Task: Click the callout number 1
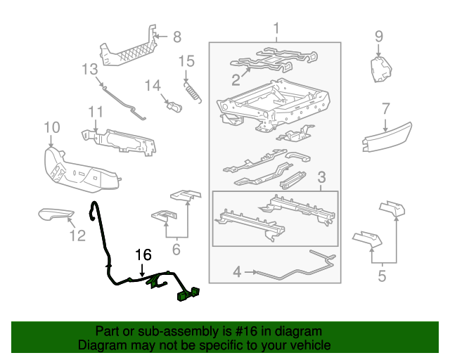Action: (x=276, y=29)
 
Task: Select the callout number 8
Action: (x=176, y=37)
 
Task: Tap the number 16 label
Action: (x=143, y=255)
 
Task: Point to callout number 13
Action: (x=89, y=70)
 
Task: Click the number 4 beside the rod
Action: (x=237, y=271)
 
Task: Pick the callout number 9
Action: (x=378, y=36)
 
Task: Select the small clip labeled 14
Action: (x=175, y=108)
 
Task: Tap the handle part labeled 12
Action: (x=56, y=214)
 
